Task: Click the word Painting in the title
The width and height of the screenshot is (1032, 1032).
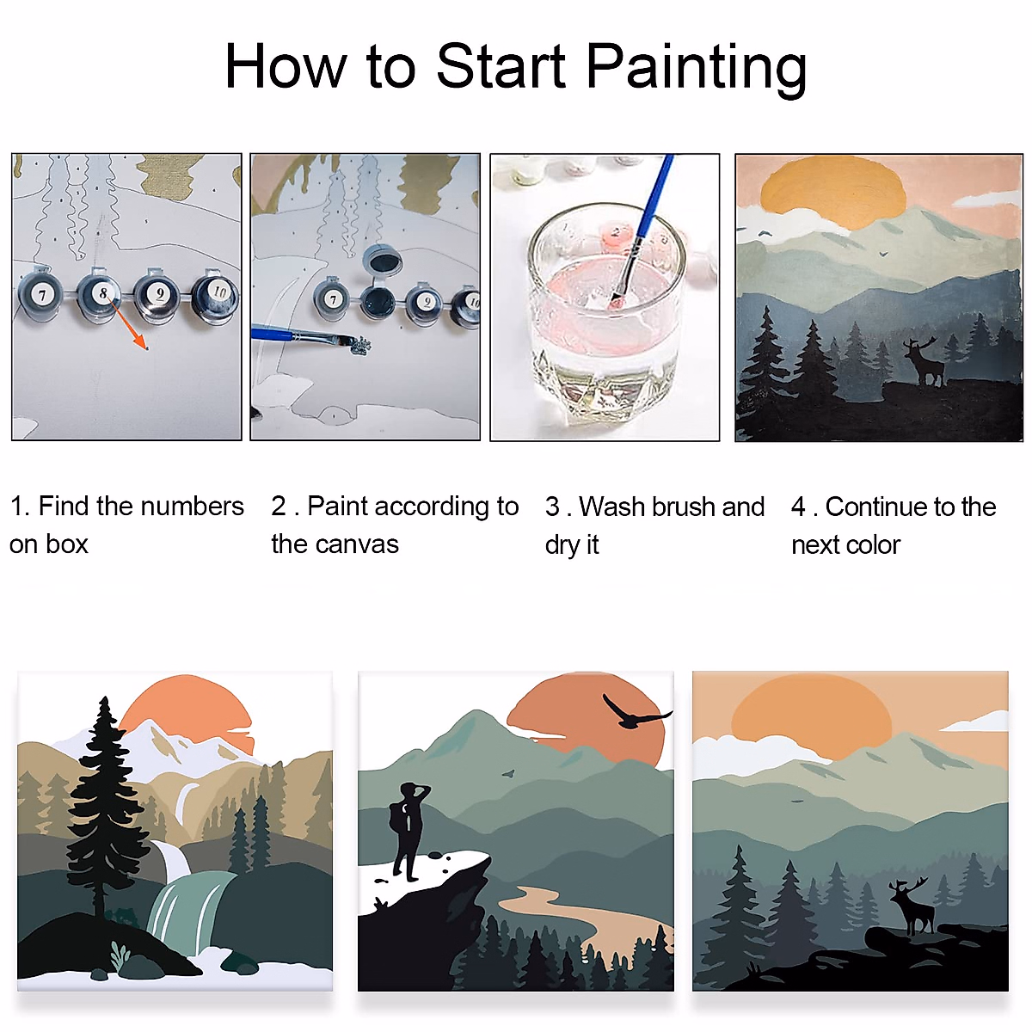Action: pyautogui.click(x=697, y=67)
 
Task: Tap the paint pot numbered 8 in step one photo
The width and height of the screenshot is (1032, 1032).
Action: pyautogui.click(x=101, y=294)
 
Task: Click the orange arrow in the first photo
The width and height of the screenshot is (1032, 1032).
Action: pyautogui.click(x=130, y=326)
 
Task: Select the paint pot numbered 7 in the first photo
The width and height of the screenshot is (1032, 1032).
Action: pyautogui.click(x=40, y=294)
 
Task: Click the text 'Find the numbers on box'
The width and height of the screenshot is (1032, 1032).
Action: pyautogui.click(x=126, y=525)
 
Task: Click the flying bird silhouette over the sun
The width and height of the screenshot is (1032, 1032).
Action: pyautogui.click(x=634, y=712)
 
